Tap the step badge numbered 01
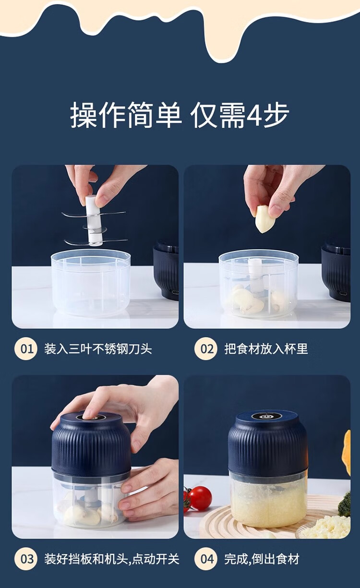click(x=26, y=349)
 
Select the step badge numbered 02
click(x=205, y=349)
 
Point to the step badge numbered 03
click(x=26, y=559)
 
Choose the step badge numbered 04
click(x=205, y=559)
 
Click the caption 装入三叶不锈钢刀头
click(x=98, y=349)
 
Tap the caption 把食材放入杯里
click(x=266, y=349)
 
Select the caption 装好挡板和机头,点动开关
click(x=111, y=559)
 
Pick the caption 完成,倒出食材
click(x=262, y=559)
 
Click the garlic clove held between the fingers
click(x=264, y=219)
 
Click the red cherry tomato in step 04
click(x=200, y=498)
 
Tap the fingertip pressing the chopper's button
click(x=87, y=414)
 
